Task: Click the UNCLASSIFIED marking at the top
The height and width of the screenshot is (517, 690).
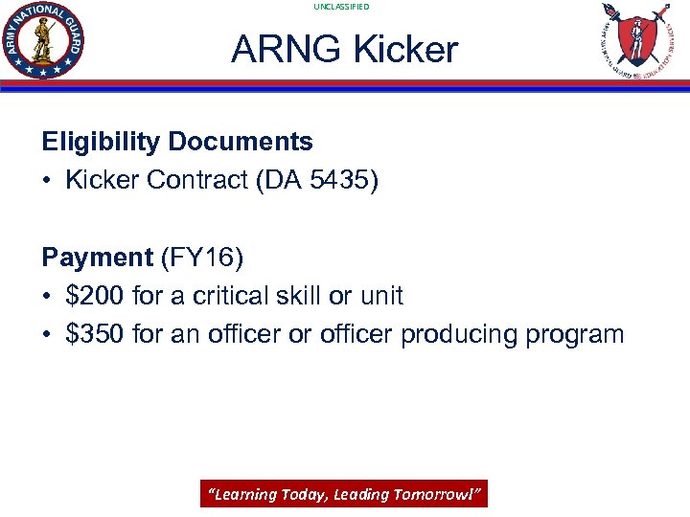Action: pos(341,7)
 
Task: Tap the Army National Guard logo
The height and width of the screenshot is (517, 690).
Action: pos(43,41)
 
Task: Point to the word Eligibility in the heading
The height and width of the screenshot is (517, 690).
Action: pos(101,142)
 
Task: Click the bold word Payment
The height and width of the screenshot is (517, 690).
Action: pos(97,258)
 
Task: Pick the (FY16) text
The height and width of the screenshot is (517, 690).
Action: pos(202,258)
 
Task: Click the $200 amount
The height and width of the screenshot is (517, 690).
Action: pos(96,296)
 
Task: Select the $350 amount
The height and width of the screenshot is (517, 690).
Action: pos(96,334)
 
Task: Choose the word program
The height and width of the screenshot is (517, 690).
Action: pos(581,335)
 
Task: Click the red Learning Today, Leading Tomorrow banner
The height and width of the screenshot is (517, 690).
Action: pos(344,494)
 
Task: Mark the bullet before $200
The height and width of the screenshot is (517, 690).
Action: pos(48,296)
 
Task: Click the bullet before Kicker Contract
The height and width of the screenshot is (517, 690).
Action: pos(48,181)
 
